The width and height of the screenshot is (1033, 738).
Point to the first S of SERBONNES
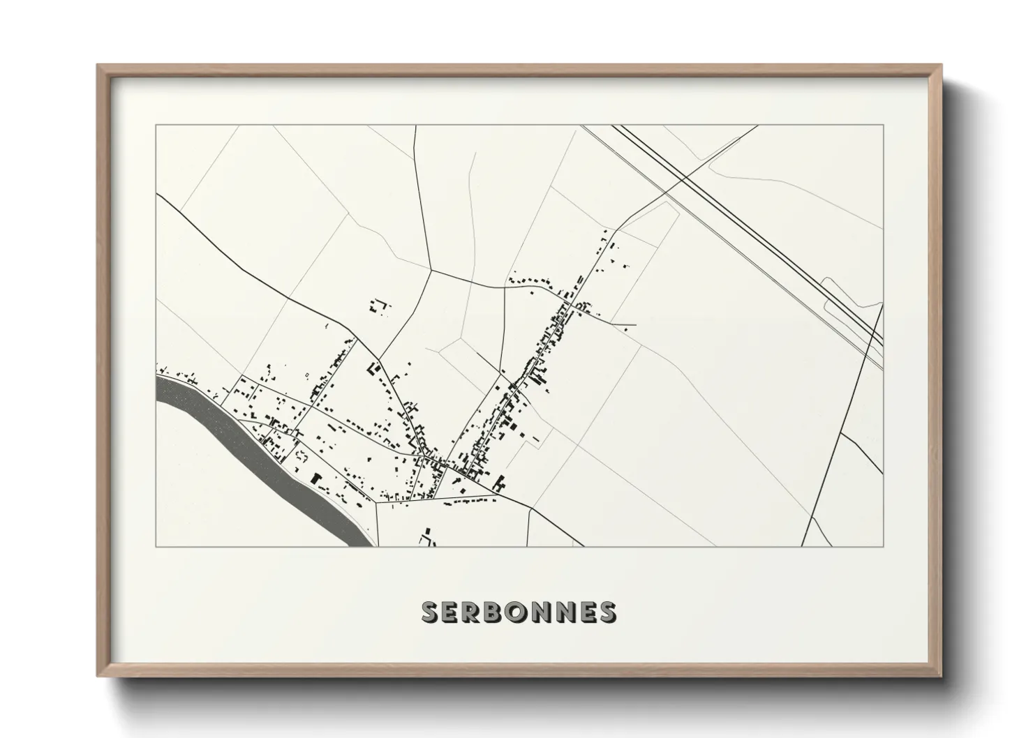(430, 612)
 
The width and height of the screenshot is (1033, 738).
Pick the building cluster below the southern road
(426, 539)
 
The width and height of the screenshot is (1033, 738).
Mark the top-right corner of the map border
(883, 126)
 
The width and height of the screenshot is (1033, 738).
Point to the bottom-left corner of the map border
(156, 546)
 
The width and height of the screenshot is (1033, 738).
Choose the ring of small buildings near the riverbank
(302, 456)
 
